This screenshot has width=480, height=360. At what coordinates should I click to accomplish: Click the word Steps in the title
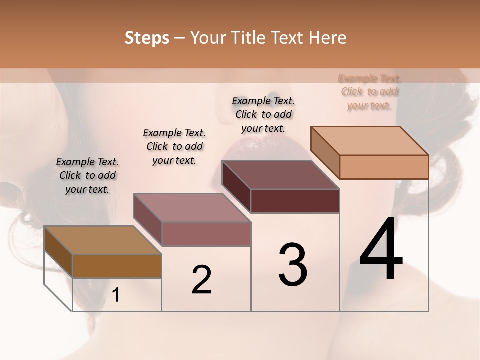146,38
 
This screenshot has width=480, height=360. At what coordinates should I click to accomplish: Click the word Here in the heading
327,38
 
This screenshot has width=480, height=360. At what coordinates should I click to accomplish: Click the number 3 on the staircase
292,265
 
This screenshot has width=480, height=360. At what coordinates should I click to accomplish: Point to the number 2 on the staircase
201,279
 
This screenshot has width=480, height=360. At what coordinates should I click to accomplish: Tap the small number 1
116,295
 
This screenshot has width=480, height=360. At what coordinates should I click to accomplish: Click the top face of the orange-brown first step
102,240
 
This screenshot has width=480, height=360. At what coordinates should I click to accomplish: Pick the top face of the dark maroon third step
281,175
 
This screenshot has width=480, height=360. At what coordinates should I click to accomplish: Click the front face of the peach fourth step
384,167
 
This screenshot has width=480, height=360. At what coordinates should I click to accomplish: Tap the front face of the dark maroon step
295,201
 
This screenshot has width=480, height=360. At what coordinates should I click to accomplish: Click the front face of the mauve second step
206,234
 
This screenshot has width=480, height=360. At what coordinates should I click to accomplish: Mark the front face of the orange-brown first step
117,266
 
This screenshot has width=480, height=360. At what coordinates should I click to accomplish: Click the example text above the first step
87,175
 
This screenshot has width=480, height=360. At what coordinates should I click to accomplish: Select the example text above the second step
174,146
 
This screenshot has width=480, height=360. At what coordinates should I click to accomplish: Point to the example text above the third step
263,114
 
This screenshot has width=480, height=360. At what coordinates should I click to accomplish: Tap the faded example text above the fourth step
369,92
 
